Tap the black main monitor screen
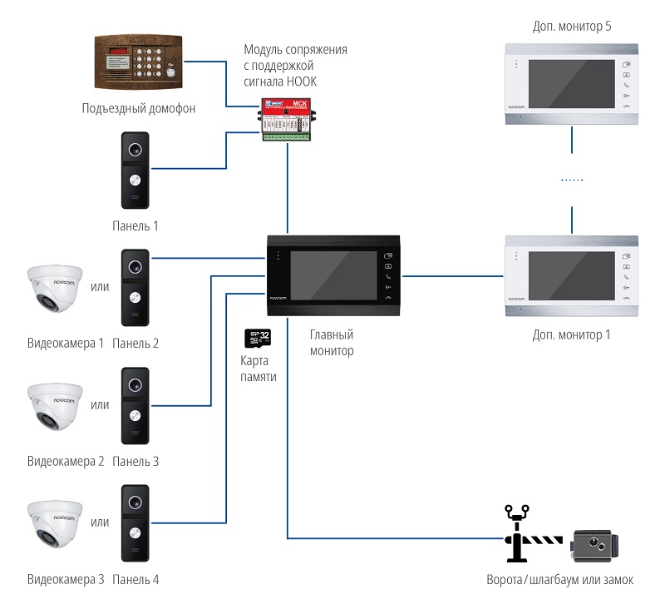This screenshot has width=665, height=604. pyautogui.click(x=333, y=275)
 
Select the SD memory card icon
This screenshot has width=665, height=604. pyautogui.click(x=259, y=339)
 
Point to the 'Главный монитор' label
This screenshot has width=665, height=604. pyautogui.click(x=332, y=343)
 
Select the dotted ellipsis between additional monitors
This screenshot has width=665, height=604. pyautogui.click(x=572, y=180)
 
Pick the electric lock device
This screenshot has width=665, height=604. pyautogui.click(x=596, y=545)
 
